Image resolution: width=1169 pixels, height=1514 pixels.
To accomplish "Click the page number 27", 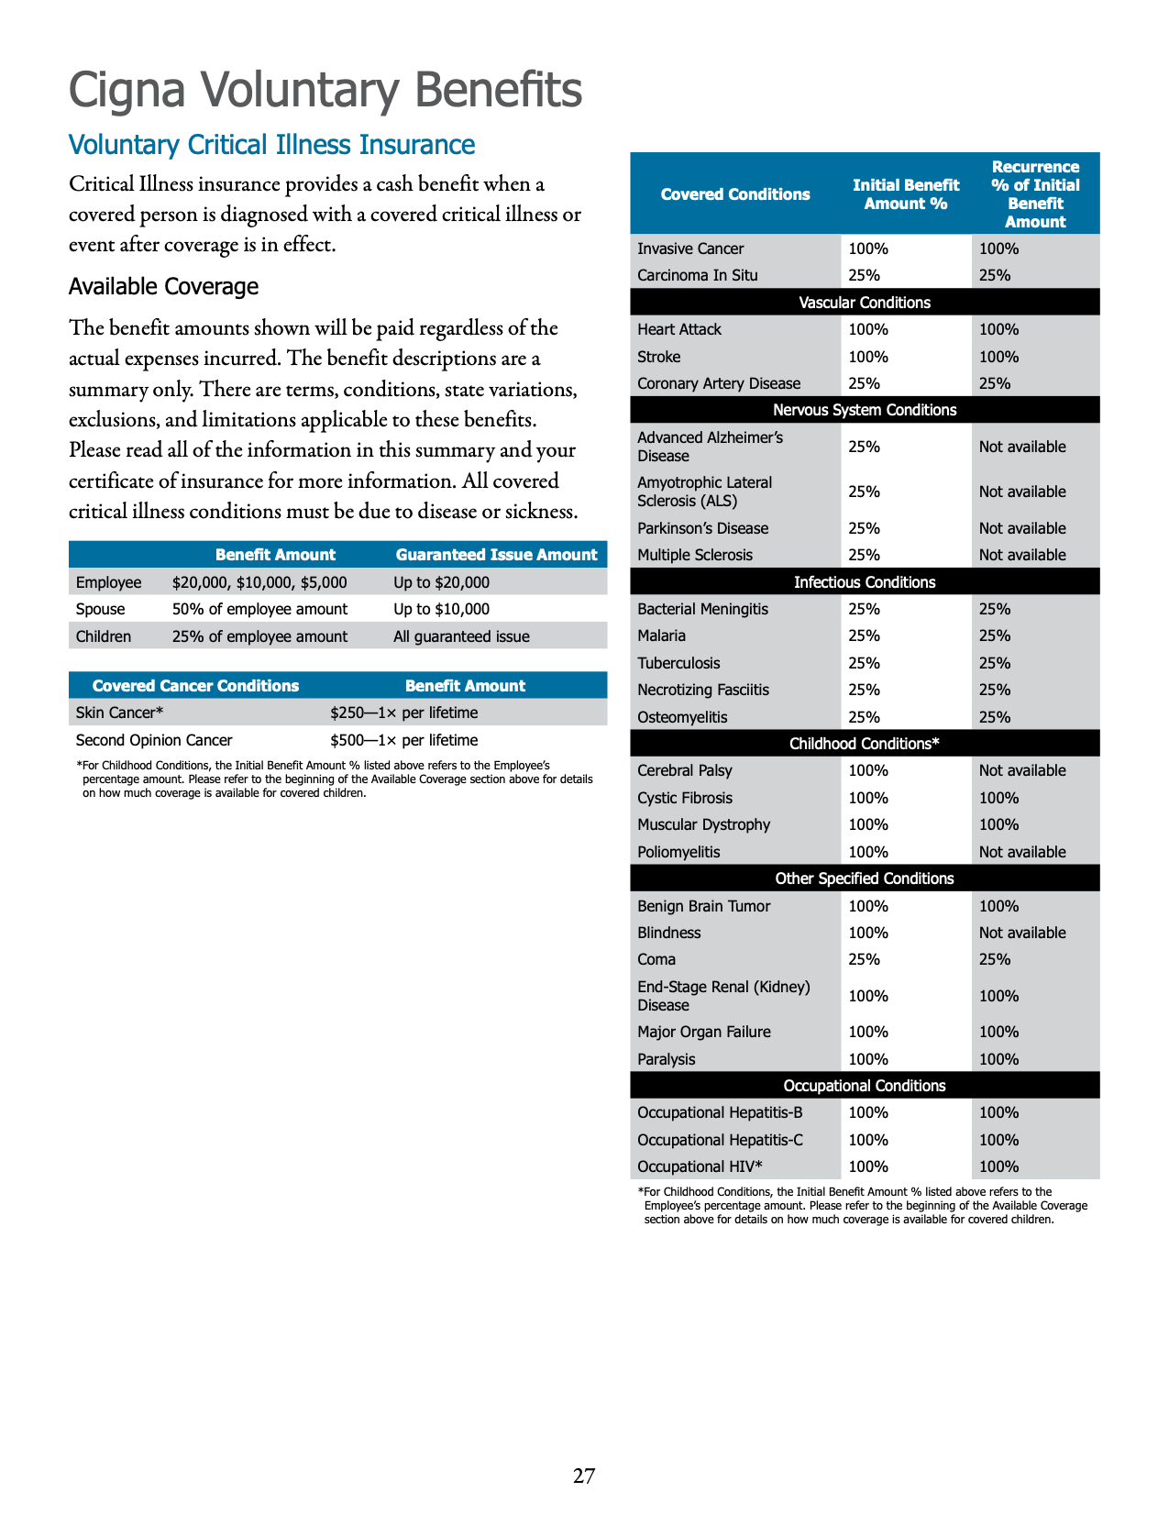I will coord(584,1475).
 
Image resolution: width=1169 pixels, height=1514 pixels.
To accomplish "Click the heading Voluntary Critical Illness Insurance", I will coord(271,145).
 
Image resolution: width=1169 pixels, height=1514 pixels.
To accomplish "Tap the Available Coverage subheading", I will coord(163,287).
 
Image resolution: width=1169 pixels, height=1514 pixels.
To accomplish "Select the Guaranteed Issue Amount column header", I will coord(496,555).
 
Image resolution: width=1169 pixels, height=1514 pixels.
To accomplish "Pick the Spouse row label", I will coord(100,609).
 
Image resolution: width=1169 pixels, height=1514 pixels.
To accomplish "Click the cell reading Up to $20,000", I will coord(441,582).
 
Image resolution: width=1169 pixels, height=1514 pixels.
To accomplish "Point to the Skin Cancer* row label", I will coord(119,713).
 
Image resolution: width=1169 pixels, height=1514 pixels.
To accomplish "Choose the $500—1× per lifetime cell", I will coord(403,740).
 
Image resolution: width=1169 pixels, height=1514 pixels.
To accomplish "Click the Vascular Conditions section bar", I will coord(864,303).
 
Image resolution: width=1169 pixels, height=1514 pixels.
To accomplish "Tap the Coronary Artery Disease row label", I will coord(719,383).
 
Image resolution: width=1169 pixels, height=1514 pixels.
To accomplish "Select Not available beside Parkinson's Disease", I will coord(1022,528).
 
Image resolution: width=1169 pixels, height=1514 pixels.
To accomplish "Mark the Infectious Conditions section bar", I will coord(864,582).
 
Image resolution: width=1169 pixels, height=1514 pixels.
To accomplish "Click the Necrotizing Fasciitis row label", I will coord(703,690).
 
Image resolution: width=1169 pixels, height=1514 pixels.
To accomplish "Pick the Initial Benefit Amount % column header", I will coord(905,194).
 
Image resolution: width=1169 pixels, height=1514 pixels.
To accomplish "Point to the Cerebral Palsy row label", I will coord(685,770).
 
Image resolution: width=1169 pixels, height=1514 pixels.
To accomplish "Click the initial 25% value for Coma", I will coord(864,959).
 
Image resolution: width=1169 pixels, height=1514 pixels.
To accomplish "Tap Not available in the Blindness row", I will coord(1022,933).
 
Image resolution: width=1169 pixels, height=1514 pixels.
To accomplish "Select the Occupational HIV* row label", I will coord(700,1166).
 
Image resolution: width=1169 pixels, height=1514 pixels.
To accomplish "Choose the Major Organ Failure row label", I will coord(704,1032).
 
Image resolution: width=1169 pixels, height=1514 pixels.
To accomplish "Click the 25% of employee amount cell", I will coord(259,636).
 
